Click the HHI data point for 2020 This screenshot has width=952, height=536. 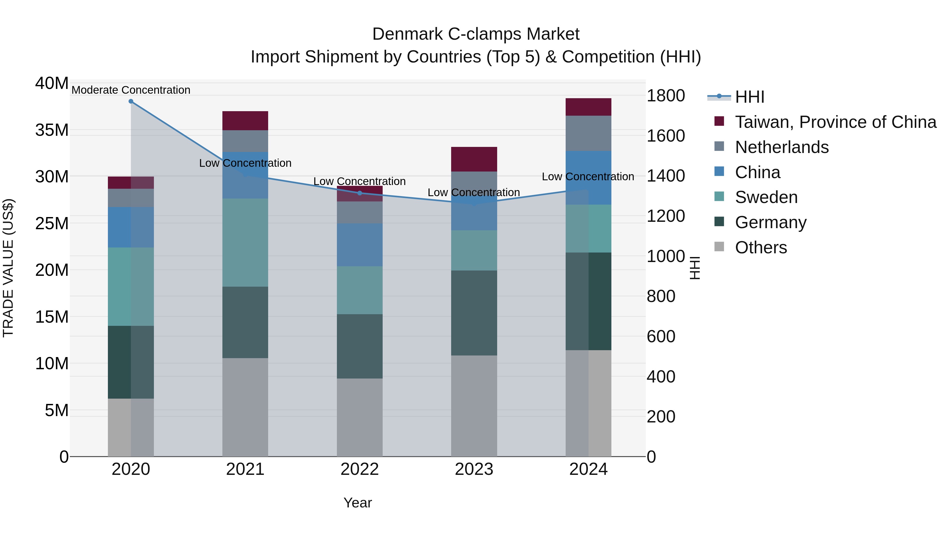131,101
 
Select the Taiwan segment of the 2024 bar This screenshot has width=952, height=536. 588,107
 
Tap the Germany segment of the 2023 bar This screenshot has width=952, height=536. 474,313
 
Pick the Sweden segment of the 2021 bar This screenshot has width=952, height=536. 245,243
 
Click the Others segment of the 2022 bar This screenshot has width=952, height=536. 360,417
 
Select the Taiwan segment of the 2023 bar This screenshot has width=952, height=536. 474,159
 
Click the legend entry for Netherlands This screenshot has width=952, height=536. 782,147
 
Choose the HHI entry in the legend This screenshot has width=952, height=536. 749,97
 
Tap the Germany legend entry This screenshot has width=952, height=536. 771,222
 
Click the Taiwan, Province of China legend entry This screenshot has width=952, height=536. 835,122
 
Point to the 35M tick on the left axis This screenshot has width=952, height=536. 52,130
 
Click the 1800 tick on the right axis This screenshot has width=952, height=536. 666,96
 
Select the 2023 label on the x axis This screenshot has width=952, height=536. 474,469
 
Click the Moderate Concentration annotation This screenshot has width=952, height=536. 131,90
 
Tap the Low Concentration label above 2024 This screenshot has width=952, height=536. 588,177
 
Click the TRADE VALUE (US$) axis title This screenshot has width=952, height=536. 8,268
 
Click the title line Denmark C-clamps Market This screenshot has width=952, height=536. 476,34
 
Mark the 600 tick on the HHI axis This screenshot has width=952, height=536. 661,337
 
